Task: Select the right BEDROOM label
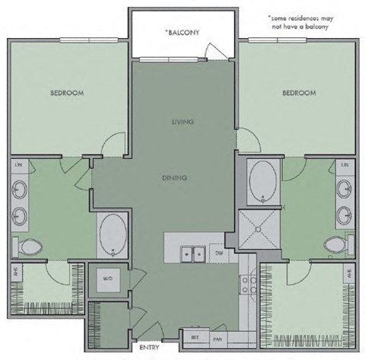[x=298, y=93]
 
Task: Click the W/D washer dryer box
[x=106, y=279]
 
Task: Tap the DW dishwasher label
[x=219, y=253]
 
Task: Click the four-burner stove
[x=248, y=285]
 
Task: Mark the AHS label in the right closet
[x=348, y=275]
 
